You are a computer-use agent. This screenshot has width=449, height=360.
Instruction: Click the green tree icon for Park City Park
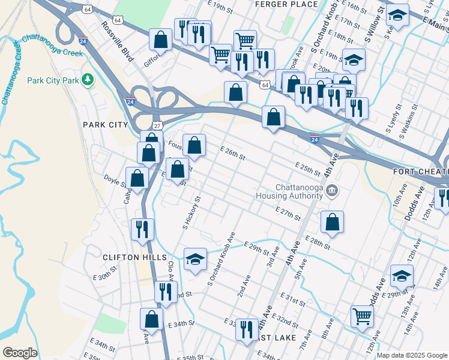coord(88,80)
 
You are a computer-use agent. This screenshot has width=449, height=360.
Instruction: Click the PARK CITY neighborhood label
coord(106,124)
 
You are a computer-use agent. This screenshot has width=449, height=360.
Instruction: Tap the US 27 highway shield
coord(157,125)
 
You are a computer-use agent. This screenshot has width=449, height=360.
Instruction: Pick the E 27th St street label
coord(287,213)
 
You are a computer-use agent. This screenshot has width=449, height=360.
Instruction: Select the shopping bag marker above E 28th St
coord(332,222)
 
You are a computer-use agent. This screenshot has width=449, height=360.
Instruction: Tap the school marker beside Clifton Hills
coord(195,259)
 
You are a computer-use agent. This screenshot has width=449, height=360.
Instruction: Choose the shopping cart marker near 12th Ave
coord(362,315)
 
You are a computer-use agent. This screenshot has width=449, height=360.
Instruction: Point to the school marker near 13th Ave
coord(402,276)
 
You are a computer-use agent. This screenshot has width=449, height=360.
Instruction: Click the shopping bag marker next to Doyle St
coord(138,178)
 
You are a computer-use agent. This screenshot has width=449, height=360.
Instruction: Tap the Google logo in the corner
coord(20,352)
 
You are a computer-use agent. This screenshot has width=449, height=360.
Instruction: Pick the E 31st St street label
coord(294,299)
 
